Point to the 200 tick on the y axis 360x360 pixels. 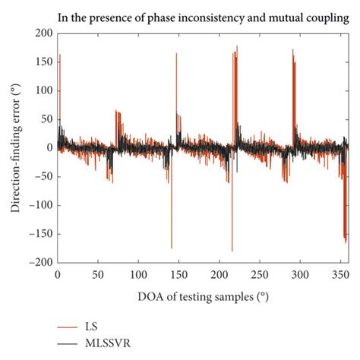pos(42,33)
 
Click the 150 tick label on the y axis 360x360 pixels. pos(42,62)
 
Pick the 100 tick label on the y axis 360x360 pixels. pos(42,90)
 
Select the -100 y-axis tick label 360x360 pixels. pos(39,205)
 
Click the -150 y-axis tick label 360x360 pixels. pos(39,233)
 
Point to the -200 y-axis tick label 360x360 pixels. pos(39,262)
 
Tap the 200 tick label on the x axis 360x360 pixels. pos(219,273)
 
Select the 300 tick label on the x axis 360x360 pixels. pos(299,273)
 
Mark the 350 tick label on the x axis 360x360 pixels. pos(339,273)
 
